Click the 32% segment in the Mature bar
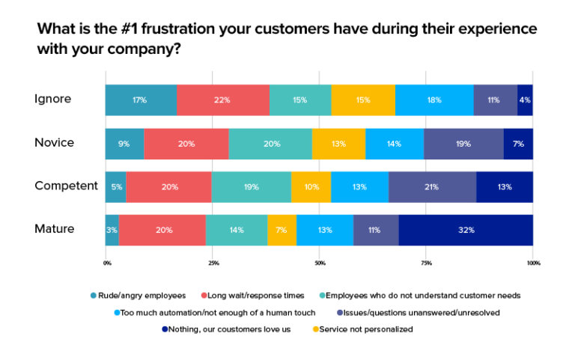pos(466,230)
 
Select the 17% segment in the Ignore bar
pos(141,100)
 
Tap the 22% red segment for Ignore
pos(223,100)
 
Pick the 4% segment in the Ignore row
pos(525,100)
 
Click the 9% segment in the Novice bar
pos(124,143)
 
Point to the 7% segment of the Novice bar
pos(518,143)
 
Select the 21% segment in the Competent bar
pos(432,186)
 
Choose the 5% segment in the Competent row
pos(115,186)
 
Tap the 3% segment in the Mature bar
pos(112,230)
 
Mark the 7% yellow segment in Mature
pos(282,230)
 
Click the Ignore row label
pos(53,99)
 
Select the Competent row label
pos(66,186)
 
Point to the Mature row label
pos(55,229)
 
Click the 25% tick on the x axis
pos(213,263)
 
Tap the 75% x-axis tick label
pos(426,263)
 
